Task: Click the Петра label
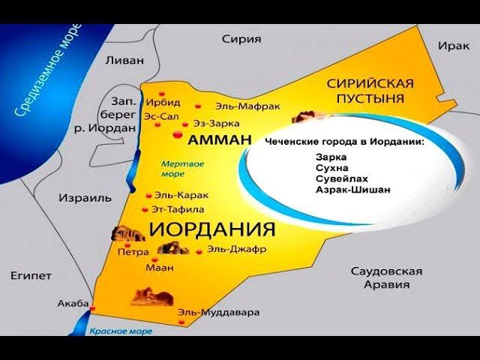coord(133,253)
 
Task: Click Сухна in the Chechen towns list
coord(333,169)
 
